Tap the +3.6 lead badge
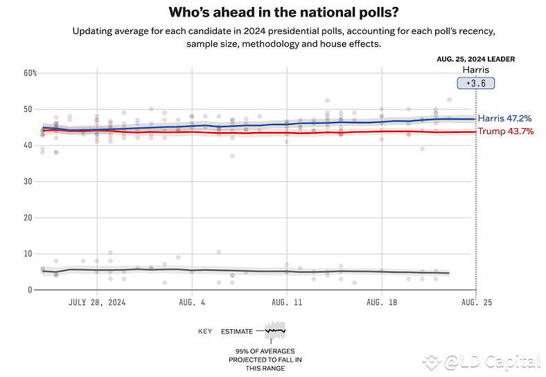(x=475, y=83)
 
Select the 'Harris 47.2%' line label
(x=505, y=119)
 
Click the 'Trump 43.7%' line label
(x=505, y=131)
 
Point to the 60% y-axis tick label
(x=30, y=73)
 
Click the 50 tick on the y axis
(x=28, y=109)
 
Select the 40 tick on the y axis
(x=28, y=145)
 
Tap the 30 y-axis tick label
(x=28, y=181)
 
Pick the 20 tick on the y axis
(x=28, y=217)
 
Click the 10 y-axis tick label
(x=28, y=254)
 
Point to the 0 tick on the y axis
(x=30, y=290)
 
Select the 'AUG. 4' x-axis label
(x=191, y=302)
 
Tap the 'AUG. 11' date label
(x=286, y=302)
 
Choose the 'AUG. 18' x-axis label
(x=381, y=302)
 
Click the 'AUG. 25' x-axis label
(x=475, y=302)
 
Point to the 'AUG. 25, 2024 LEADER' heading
(x=476, y=59)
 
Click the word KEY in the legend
(x=205, y=331)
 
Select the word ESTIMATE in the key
(x=237, y=331)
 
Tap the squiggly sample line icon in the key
(x=275, y=331)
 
